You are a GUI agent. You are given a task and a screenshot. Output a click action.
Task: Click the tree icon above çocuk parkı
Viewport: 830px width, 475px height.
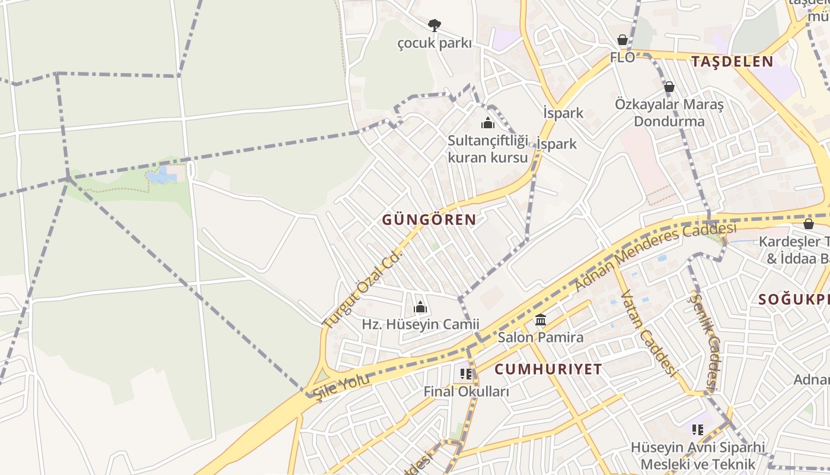click(435, 25)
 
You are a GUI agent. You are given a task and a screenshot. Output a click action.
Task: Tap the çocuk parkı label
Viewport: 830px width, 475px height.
click(435, 43)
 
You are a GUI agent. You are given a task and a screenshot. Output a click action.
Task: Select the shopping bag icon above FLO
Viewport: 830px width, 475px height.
click(622, 40)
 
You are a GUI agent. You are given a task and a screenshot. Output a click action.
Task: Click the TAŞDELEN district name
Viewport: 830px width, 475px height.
click(732, 61)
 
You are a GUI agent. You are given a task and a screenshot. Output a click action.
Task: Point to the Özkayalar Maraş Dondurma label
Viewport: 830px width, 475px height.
click(669, 113)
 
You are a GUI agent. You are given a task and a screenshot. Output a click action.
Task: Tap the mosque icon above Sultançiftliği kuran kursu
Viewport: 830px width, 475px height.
click(488, 123)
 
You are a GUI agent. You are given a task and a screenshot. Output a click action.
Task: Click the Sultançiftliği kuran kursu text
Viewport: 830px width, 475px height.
click(487, 149)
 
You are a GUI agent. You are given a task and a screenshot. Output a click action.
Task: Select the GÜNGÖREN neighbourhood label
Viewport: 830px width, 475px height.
click(429, 220)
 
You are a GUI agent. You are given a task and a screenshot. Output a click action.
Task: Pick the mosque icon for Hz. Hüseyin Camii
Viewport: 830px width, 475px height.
click(420, 307)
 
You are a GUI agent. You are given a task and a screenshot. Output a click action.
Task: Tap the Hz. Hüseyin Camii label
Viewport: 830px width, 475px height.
click(420, 325)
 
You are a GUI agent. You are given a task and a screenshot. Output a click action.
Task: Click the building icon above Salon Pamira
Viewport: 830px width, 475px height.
click(541, 320)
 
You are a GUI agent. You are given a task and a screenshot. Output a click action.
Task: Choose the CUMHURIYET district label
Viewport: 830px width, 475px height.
click(548, 369)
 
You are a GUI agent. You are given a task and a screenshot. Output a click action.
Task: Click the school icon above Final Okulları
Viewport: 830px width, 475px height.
click(466, 374)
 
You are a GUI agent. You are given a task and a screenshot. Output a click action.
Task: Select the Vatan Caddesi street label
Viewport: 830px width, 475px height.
click(649, 333)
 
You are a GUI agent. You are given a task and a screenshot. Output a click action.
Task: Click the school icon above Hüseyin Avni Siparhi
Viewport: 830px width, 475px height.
click(698, 429)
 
